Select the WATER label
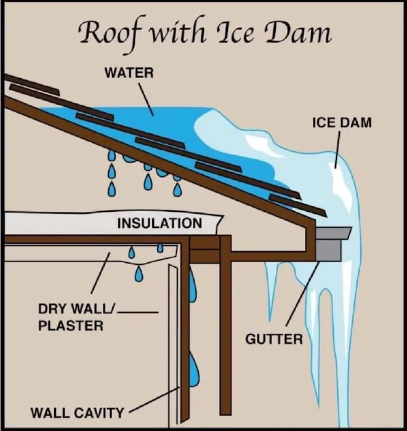(129, 73)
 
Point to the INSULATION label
(159, 222)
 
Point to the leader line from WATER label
(144, 97)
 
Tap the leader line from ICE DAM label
(338, 148)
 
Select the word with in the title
(179, 32)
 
